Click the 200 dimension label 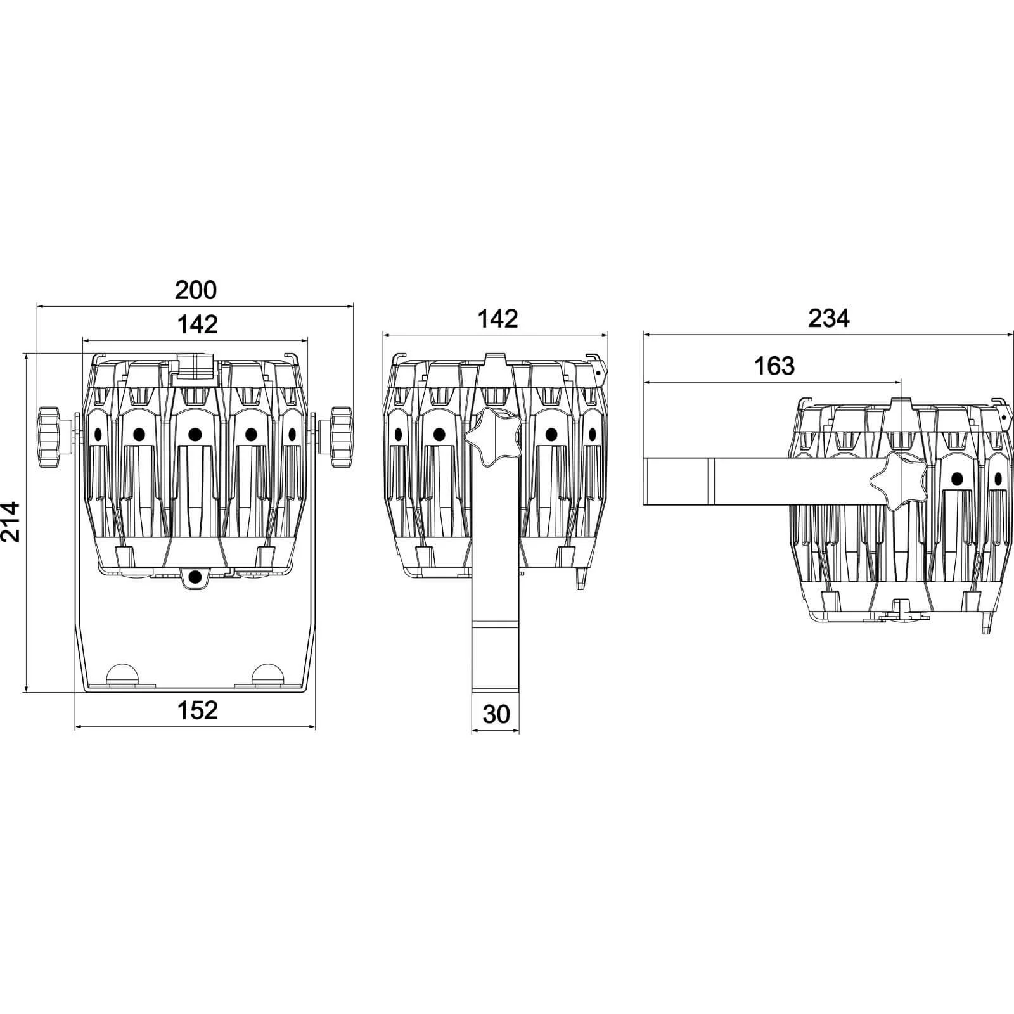click(196, 290)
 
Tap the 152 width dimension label click(197, 710)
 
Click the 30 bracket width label click(496, 714)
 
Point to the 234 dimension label click(828, 318)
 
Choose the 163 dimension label click(774, 366)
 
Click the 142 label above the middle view click(498, 319)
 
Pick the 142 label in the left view click(197, 324)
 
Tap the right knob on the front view click(340, 437)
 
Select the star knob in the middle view click(494, 435)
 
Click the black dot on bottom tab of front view click(195, 576)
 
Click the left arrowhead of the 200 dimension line click(39, 306)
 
